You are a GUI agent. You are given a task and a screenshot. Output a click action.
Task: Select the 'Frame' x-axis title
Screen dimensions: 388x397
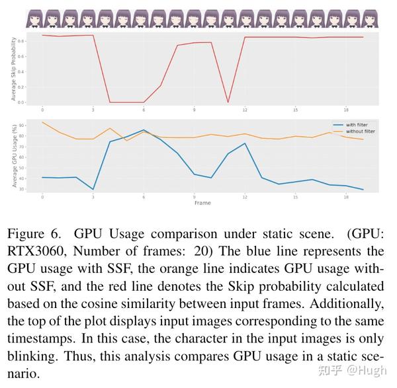click(202, 202)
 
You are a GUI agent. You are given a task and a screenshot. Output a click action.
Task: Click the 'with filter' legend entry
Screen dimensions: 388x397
click(354, 124)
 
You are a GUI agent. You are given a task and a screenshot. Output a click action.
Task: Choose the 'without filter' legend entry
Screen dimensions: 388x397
click(357, 131)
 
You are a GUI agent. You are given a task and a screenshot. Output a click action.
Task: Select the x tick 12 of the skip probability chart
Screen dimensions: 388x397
click(245, 110)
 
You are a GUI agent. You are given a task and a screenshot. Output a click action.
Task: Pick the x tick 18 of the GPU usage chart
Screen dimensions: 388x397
click(346, 197)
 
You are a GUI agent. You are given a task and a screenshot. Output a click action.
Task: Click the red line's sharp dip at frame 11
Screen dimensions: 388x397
click(228, 102)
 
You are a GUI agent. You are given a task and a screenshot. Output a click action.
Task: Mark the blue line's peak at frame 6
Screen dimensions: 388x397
click(144, 130)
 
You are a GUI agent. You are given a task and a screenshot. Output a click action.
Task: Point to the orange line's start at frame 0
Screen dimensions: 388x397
click(42, 122)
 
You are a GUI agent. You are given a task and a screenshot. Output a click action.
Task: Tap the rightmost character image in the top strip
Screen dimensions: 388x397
click(369, 20)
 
